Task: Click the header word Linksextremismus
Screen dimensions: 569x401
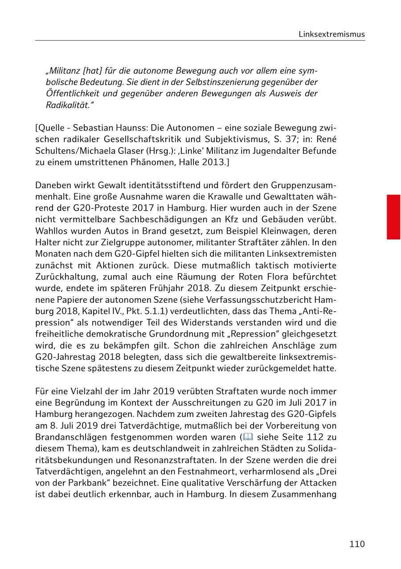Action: (x=332, y=34)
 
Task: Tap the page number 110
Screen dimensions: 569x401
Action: (x=357, y=544)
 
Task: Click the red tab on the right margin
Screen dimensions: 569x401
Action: (x=393, y=217)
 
